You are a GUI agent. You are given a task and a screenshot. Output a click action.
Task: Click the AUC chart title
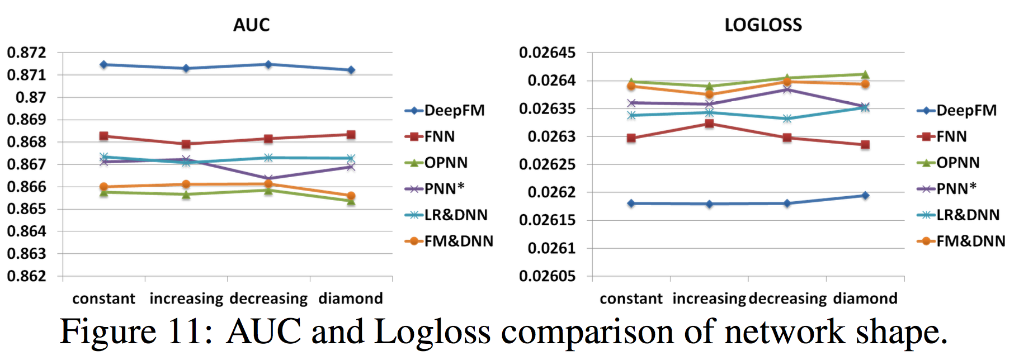(251, 25)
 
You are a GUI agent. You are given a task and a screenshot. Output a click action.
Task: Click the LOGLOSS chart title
(763, 25)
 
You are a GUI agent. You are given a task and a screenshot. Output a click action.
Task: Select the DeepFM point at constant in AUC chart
(103, 65)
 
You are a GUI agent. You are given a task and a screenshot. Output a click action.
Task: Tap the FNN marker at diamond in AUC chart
(351, 135)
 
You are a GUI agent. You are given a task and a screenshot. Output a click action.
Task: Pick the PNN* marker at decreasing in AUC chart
(268, 179)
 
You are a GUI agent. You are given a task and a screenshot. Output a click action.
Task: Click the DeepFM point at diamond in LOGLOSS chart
(865, 196)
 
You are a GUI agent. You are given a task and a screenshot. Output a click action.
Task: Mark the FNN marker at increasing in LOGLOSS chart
(709, 124)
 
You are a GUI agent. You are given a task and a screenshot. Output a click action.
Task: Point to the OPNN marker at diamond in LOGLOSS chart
(865, 74)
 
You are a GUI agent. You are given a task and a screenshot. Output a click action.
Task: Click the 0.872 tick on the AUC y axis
(26, 53)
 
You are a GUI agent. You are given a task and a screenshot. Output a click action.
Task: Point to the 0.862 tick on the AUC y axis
(26, 276)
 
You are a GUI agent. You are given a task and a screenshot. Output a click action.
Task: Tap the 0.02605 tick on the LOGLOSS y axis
(547, 276)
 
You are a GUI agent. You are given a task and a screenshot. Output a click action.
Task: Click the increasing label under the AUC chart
(186, 299)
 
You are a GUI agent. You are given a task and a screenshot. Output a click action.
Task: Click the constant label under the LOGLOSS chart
(631, 299)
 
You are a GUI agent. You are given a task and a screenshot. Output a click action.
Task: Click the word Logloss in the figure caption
(432, 332)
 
